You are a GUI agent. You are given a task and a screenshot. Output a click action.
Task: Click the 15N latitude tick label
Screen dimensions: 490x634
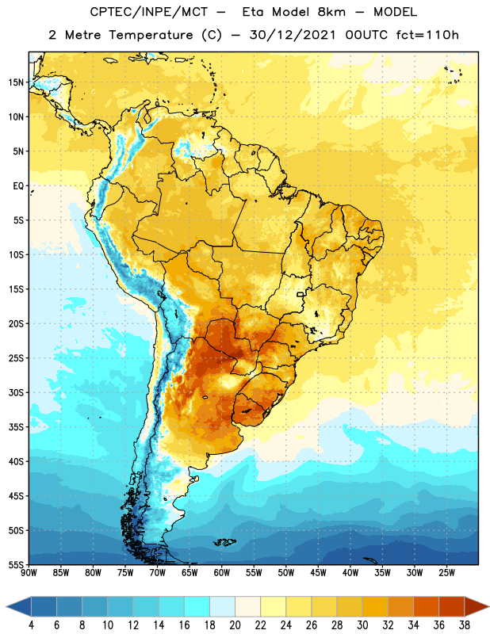click(x=16, y=82)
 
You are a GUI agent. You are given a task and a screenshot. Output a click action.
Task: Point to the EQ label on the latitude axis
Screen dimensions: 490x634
click(x=18, y=186)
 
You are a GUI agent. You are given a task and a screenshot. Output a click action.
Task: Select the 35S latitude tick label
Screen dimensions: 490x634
click(x=16, y=427)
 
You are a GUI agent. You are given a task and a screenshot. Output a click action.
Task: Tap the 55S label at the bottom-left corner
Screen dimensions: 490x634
click(x=16, y=564)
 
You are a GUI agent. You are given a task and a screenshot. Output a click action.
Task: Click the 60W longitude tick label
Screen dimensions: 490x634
click(x=222, y=573)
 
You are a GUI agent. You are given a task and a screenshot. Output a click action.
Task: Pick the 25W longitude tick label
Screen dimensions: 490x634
click(x=446, y=573)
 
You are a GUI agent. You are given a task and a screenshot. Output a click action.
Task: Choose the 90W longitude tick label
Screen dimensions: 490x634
click(x=29, y=573)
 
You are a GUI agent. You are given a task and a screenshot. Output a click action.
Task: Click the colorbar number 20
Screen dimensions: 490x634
click(x=235, y=625)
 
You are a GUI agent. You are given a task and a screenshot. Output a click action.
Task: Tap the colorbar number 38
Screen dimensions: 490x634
click(x=464, y=625)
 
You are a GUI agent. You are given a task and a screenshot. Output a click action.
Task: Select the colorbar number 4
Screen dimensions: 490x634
click(x=31, y=625)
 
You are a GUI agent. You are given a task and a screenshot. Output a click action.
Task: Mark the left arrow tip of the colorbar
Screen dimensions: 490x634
click(x=6, y=606)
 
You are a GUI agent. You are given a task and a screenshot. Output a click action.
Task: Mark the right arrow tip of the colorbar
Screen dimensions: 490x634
click(x=489, y=606)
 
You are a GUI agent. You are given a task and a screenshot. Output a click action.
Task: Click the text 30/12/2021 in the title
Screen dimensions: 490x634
click(x=293, y=35)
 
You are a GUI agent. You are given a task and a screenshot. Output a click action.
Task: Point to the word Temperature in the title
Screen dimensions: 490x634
click(x=151, y=35)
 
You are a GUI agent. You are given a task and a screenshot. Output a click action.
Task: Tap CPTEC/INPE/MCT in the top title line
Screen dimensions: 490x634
click(x=149, y=12)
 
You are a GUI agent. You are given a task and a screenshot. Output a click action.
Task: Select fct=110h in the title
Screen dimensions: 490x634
click(x=427, y=35)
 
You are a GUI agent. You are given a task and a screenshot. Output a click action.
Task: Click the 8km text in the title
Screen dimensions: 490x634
click(x=331, y=12)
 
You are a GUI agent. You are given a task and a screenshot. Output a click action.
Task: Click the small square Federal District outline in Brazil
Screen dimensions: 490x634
click(x=301, y=294)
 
